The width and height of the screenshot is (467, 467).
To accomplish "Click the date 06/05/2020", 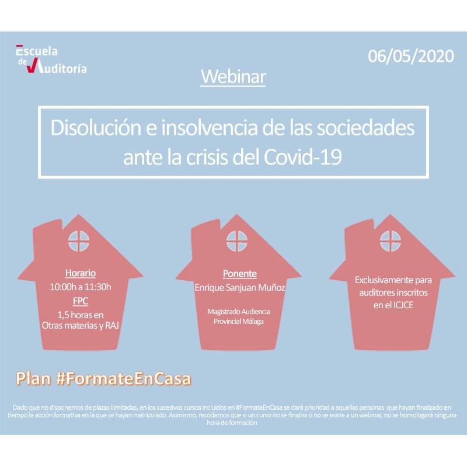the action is point(411,56).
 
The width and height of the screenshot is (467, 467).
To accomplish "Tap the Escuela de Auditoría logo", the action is point(51,60).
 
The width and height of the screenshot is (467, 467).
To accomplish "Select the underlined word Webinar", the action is point(233,77).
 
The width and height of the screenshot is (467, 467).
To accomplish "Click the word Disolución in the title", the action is point(96,127).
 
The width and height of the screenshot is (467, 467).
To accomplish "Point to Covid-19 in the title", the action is point(302,157).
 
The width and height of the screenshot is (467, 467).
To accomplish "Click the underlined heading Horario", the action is point(81,273).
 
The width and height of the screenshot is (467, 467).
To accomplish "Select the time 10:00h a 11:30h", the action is point(81,287).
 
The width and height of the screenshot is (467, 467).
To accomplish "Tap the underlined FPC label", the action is point(81,301).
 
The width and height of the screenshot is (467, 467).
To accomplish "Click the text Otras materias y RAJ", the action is point(81,326).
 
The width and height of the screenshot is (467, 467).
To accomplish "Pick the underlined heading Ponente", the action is point(240,274).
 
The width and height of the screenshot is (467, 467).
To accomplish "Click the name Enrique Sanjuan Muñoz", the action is point(240,287).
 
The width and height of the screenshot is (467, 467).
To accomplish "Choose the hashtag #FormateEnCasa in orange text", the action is point(124,379).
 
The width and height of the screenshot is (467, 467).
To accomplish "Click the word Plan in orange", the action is point(33,379).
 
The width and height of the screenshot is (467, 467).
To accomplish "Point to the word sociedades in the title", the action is point(365,127).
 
